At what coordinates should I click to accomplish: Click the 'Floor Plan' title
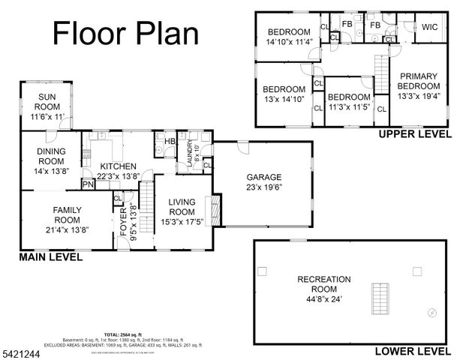(x=126, y=33)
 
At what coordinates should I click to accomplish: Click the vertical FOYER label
(x=125, y=221)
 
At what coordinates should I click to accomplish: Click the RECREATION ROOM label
(x=323, y=285)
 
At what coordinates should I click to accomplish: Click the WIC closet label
(x=429, y=26)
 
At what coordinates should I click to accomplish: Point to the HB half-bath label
(x=170, y=140)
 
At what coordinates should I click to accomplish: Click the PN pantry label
(x=87, y=184)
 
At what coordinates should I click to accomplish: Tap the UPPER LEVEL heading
(x=415, y=134)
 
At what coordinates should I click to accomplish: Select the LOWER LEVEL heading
(x=414, y=350)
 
